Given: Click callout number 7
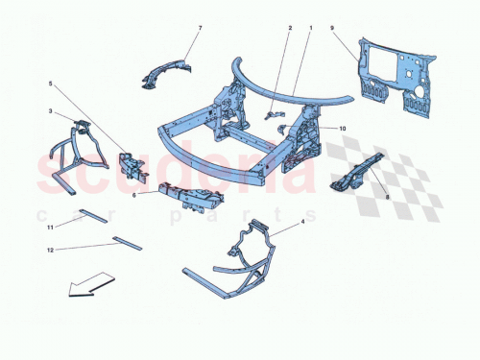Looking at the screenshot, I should [x=200, y=29].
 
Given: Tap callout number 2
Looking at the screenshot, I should [x=288, y=29].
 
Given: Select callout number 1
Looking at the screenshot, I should [x=310, y=29].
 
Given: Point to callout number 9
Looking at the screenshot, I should [x=332, y=29].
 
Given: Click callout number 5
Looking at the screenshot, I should [x=52, y=84].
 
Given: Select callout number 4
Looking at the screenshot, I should [x=304, y=223].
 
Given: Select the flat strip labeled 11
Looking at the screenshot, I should [x=94, y=216].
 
